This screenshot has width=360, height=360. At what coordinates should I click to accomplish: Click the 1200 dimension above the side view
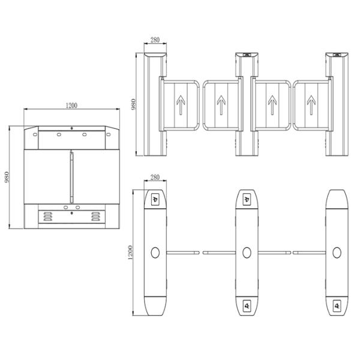point(71,106)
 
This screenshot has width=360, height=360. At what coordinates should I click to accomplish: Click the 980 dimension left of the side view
point(7,177)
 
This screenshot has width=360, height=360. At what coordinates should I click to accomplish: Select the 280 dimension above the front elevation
point(155,40)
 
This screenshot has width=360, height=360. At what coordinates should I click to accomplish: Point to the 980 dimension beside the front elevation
point(133,104)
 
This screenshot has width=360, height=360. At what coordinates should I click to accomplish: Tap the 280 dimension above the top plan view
point(155,177)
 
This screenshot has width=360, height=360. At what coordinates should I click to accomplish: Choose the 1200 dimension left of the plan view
point(130,253)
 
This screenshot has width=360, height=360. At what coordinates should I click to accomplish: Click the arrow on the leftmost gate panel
point(181,105)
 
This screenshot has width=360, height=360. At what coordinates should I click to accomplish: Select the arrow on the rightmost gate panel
point(311,105)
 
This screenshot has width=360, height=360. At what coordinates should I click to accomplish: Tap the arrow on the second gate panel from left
point(221,105)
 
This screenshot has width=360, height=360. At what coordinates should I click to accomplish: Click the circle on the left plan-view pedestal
point(155,253)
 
